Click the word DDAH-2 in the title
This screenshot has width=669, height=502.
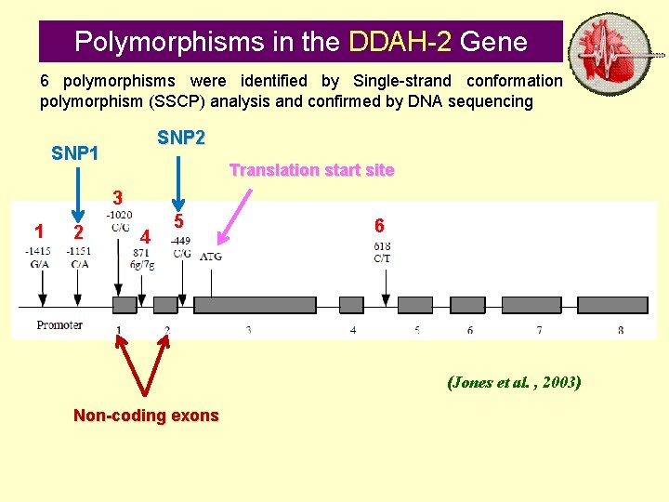click(400, 42)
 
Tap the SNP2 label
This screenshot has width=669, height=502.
click(181, 138)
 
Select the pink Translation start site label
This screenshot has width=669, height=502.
click(311, 170)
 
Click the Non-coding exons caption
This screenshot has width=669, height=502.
click(146, 416)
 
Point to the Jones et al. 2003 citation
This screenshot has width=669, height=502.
click(514, 382)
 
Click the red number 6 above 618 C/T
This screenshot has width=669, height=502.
click(379, 225)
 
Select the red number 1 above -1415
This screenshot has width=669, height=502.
click(39, 231)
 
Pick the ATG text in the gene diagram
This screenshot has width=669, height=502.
click(211, 256)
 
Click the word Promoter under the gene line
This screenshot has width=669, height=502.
click(59, 325)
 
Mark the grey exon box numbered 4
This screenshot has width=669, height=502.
click(351, 304)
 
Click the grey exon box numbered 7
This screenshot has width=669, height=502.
click(539, 304)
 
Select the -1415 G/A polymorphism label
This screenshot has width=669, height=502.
click(39, 258)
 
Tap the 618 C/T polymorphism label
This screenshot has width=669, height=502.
click(382, 252)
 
